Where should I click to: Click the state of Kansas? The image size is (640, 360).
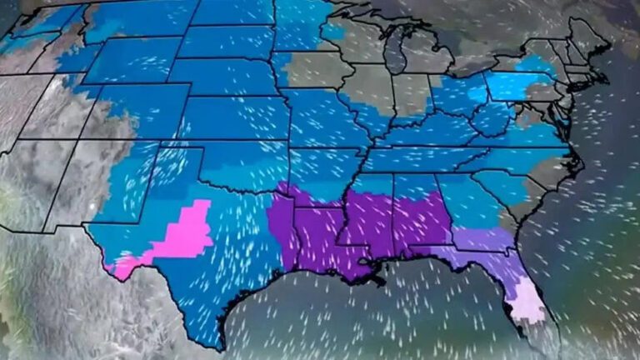tap(233, 117)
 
